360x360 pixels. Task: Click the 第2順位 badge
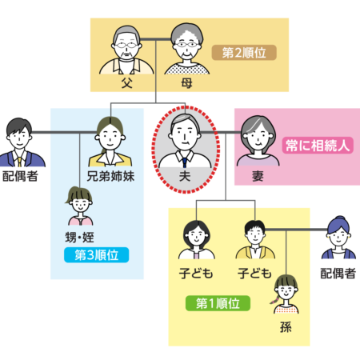click(x=244, y=53)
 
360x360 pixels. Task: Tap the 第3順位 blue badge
click(x=96, y=255)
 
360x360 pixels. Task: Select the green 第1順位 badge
click(x=218, y=303)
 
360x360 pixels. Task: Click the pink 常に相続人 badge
click(x=318, y=146)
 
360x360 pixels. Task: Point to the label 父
click(x=127, y=83)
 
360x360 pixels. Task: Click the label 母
click(x=186, y=83)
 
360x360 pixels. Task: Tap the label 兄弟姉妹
click(x=110, y=176)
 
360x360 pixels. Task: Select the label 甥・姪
click(x=80, y=237)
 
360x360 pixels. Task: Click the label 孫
click(x=286, y=327)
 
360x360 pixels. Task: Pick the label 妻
click(x=258, y=176)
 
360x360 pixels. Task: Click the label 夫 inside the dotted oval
click(x=185, y=176)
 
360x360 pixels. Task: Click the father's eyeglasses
click(x=126, y=45)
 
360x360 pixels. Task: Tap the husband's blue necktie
click(x=185, y=162)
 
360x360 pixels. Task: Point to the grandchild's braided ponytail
click(x=274, y=300)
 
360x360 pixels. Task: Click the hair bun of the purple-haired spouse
click(x=339, y=218)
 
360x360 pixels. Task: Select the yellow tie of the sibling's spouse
click(x=20, y=162)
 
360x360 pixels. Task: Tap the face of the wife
click(x=258, y=138)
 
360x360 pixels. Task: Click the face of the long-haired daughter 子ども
click(x=196, y=237)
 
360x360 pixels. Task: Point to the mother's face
click(x=186, y=48)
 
